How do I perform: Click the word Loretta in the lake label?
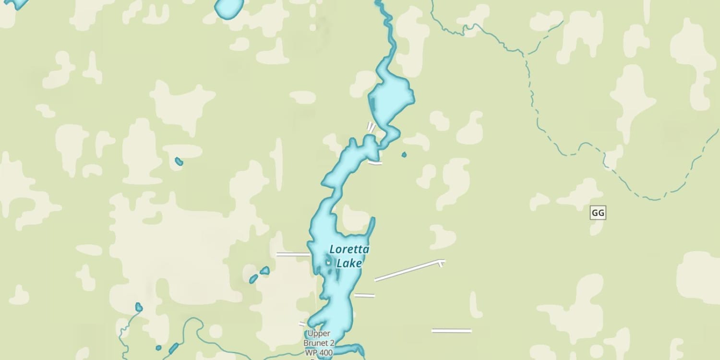tap(343, 250)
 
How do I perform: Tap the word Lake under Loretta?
tap(349, 264)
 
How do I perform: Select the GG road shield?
tap(598, 213)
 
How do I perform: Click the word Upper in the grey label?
tap(319, 334)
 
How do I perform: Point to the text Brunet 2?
tap(319, 343)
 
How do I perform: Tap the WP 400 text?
tap(319, 353)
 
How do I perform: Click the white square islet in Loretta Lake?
tap(328, 262)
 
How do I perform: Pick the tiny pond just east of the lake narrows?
tap(404, 155)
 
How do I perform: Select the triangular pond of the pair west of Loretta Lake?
tap(264, 271)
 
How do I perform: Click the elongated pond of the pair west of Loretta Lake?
tap(253, 279)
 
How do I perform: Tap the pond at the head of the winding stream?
tap(139, 307)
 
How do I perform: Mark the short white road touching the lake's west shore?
tap(292, 254)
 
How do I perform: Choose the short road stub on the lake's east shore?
tap(364, 295)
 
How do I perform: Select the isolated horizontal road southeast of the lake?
tap(451, 330)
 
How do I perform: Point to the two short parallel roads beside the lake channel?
tap(371, 127)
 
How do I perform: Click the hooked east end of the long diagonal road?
tap(441, 262)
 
